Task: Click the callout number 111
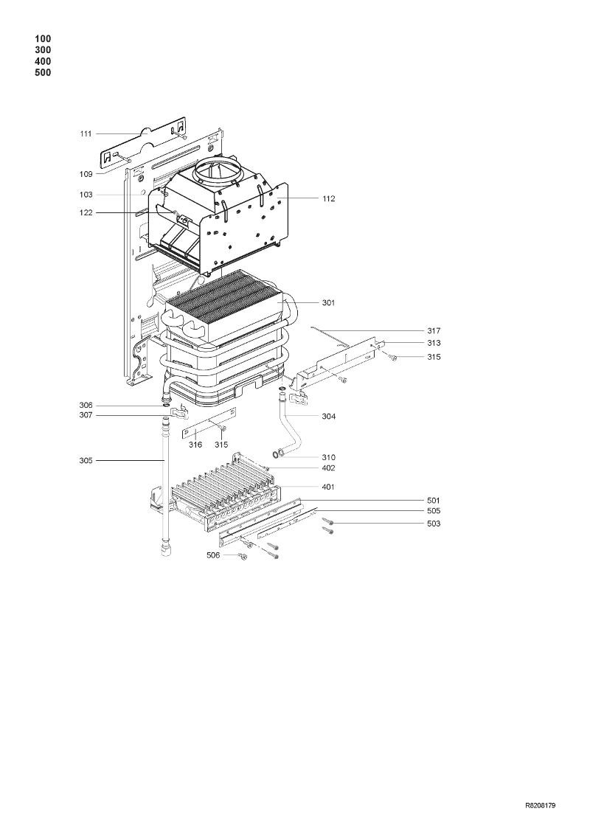pos(86,134)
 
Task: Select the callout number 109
pos(86,174)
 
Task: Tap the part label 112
pos(329,198)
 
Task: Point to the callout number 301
pos(329,302)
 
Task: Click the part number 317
pos(434,331)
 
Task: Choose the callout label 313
pos(434,343)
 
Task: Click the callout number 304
pos(329,417)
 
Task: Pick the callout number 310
pos(329,457)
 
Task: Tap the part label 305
pos(86,461)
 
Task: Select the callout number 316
pos(195,445)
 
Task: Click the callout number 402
pos(329,468)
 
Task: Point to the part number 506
pos(213,555)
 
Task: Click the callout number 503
pos(434,524)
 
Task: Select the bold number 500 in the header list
pos(43,73)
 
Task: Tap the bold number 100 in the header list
pos(43,39)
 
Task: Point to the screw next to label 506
pos(244,556)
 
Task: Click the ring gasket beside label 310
pos(277,454)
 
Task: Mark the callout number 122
pos(86,213)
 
